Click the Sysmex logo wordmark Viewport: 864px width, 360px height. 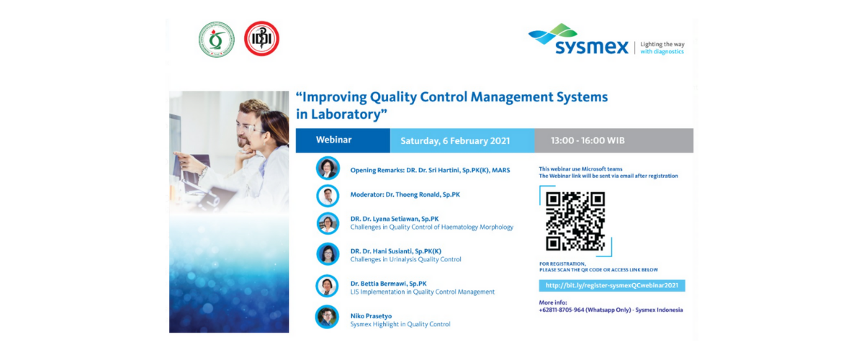click(592, 47)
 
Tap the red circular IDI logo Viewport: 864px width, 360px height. click(261, 39)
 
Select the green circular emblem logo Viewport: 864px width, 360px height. click(217, 40)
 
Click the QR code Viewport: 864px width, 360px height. click(575, 221)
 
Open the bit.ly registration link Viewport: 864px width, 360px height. click(612, 286)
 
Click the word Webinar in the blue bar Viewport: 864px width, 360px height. click(333, 140)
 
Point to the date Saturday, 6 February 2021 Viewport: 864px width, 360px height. click(455, 141)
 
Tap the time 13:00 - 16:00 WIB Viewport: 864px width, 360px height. click(588, 140)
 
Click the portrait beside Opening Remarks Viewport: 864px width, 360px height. click(328, 168)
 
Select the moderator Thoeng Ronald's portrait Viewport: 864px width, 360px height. click(328, 196)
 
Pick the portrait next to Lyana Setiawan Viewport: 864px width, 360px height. click(328, 223)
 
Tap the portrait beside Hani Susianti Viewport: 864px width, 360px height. click(328, 254)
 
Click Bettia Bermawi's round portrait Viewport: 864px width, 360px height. click(327, 286)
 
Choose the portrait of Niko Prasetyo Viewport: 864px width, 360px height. click(327, 317)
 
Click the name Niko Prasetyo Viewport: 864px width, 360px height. click(371, 316)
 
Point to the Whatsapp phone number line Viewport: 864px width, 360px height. click(611, 310)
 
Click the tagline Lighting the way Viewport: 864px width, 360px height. click(662, 45)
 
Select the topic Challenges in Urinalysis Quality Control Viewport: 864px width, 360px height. click(406, 259)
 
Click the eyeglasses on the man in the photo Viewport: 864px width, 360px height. click(246, 129)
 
